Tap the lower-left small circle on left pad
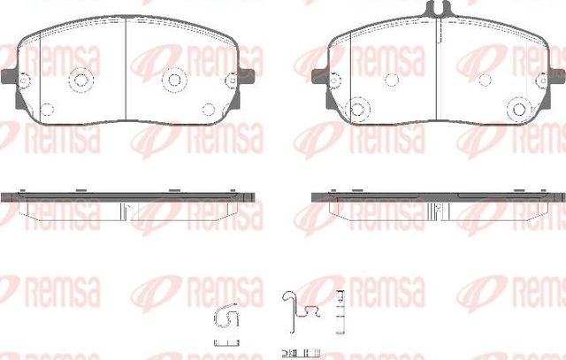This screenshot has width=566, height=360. (x=46, y=110)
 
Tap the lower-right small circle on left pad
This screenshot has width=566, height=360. (x=209, y=110)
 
